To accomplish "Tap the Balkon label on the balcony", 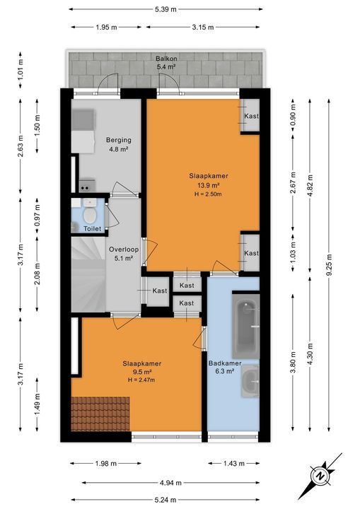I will coord(166,59).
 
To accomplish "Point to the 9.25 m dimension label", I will coord(328,269).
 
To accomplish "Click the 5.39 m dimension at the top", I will coord(166,9).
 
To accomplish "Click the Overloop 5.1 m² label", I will coord(123,252).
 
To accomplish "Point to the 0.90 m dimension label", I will coord(291,115).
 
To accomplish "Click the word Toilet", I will coord(92,229).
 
